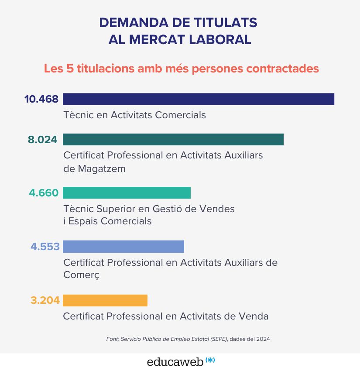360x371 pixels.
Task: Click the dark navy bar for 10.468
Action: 199,99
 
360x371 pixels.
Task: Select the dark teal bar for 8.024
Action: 173,139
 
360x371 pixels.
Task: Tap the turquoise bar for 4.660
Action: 127,192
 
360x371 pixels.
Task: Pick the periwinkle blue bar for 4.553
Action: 123,247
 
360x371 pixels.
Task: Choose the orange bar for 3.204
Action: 105,300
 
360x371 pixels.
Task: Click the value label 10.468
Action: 41,99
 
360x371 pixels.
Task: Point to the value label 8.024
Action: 43,140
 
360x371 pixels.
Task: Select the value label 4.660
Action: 44,193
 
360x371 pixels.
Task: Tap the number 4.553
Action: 45,247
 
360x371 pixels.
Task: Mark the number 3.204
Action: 45,300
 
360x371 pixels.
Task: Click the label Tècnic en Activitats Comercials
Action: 134,115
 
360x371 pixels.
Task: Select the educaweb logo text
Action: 175,362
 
